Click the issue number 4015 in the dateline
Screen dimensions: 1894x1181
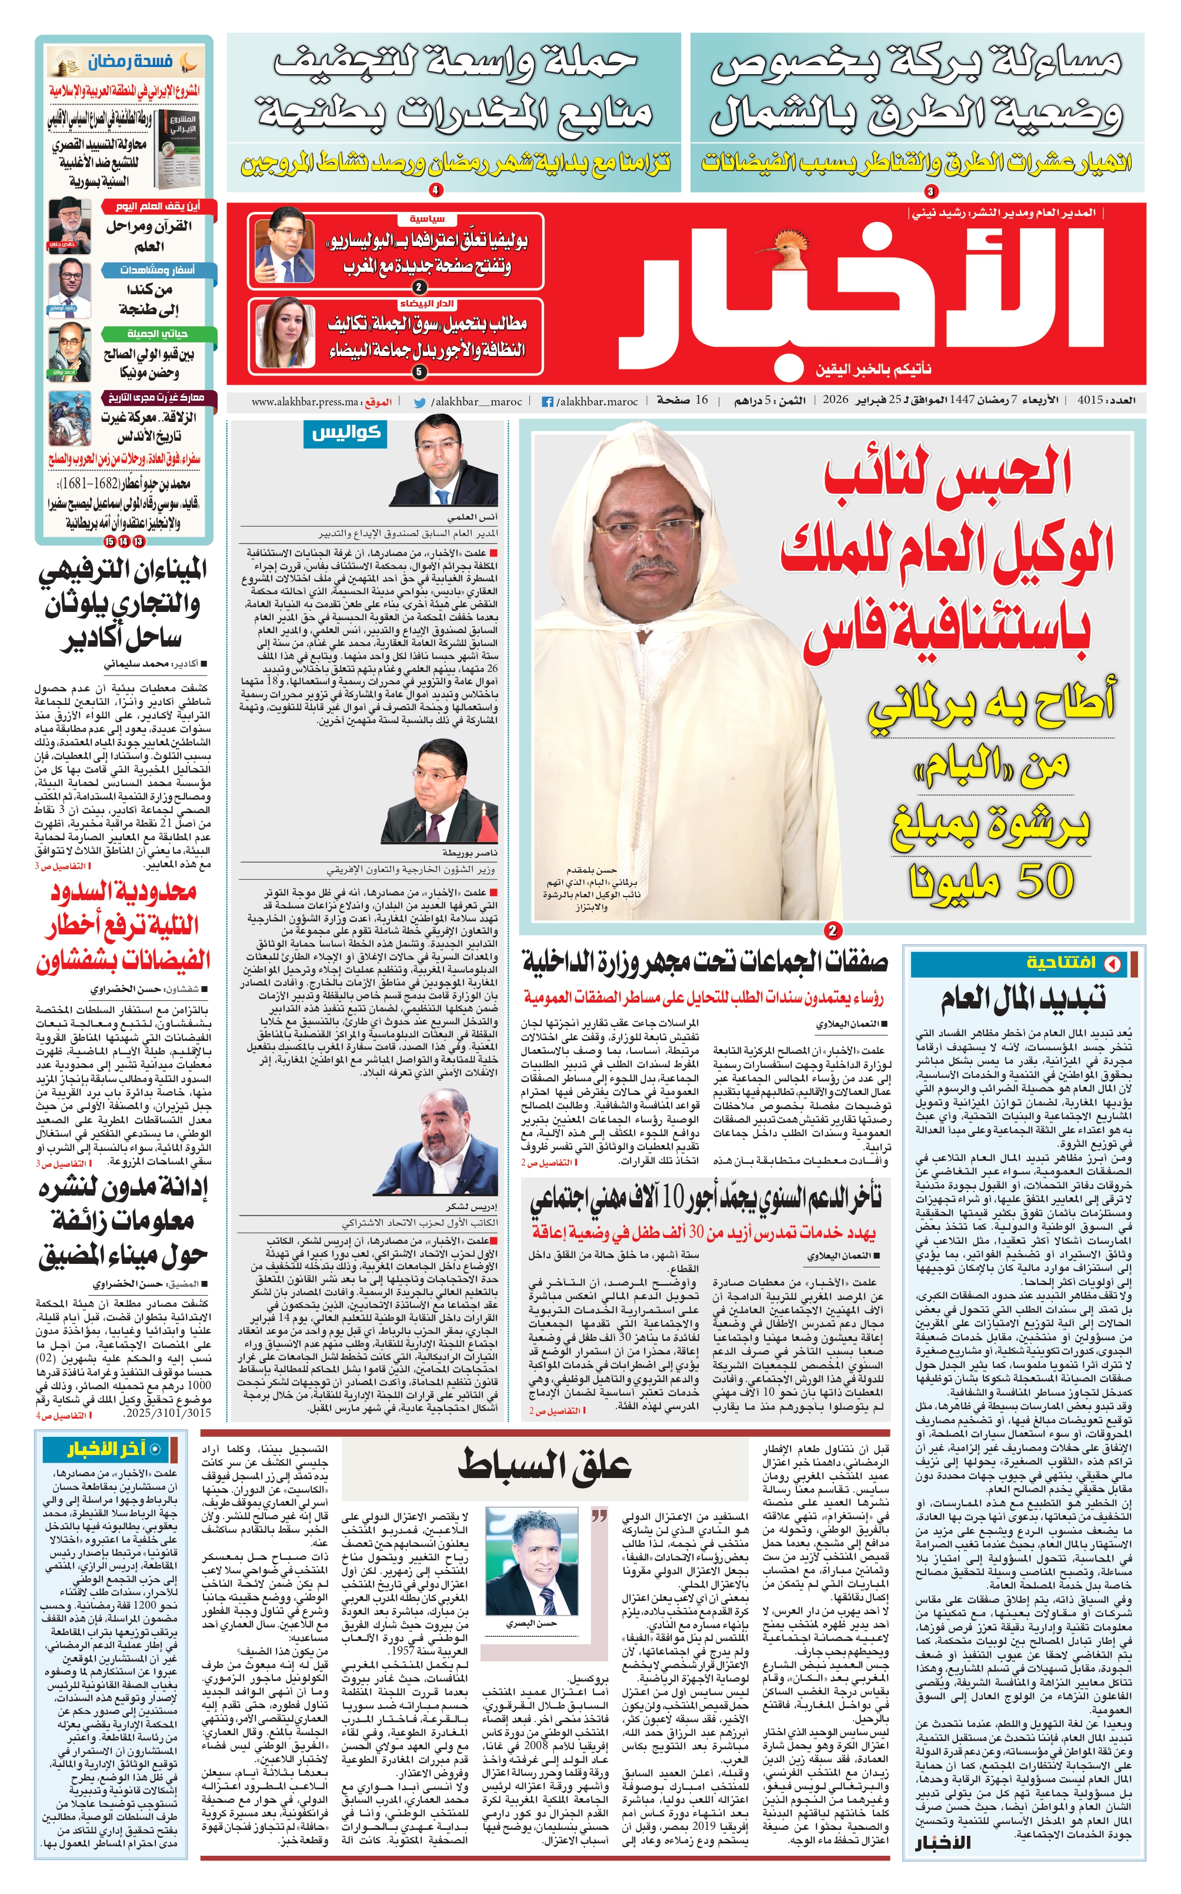click(1090, 401)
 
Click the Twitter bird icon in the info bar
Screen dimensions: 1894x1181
click(419, 402)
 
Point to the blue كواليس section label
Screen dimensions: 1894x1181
click(345, 433)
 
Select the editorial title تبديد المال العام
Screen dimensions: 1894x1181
click(1023, 999)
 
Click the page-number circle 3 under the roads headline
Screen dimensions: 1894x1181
click(930, 191)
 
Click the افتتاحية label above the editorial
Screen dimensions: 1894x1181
click(1062, 963)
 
